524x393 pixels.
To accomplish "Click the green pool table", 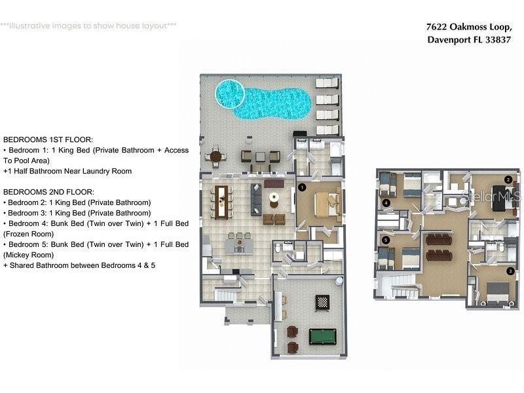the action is coord(322,337).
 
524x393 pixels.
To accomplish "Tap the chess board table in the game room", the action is coord(322,303).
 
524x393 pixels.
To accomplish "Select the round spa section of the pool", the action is coord(230,94).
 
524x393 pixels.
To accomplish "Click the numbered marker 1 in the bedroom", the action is coord(302,187).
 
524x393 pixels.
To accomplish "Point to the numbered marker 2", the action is coord(508,179).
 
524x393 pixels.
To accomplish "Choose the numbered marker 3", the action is coord(510,271).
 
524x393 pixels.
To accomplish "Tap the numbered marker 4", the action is coord(386,202).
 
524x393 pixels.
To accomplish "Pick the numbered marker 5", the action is coord(386,240).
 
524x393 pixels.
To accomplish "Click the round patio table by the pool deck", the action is coord(215,156).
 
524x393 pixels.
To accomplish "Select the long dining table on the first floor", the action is coord(221,202).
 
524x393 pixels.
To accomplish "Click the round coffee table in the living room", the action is coord(274,197).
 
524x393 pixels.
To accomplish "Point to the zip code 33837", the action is coord(498,40).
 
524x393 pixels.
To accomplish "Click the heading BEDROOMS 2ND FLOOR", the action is coord(48,192).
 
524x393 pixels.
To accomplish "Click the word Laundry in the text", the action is coord(96,172).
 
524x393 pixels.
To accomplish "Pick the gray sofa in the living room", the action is coord(256,200).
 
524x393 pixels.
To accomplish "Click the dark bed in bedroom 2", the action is coord(498,198).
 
